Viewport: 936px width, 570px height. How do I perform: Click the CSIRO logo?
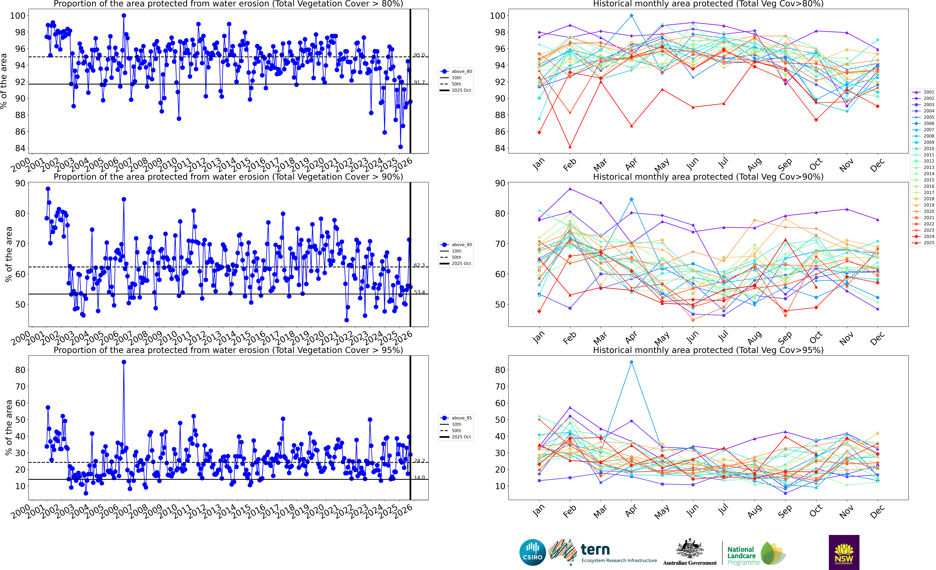coord(533,552)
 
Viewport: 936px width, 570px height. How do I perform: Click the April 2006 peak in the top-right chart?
coord(631,16)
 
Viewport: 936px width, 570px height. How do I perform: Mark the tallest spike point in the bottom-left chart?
coord(124,362)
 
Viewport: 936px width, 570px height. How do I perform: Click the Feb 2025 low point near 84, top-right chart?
coord(570,147)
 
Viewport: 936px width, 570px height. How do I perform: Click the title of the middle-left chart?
coord(228,177)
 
